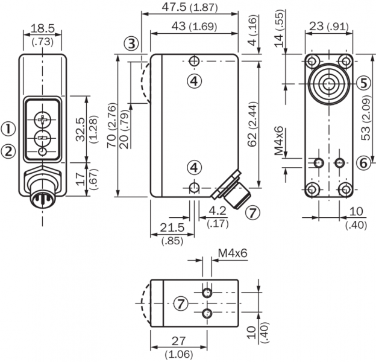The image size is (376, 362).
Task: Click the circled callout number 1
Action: (8, 128)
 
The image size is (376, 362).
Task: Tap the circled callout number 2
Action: (8, 151)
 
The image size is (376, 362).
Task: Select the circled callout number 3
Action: (132, 43)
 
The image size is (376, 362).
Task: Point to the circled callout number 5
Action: (362, 83)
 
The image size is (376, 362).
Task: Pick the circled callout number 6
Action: (362, 162)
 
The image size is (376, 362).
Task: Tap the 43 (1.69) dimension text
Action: (193, 27)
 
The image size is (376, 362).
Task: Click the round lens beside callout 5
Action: (329, 83)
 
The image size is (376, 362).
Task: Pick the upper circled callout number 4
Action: (193, 82)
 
